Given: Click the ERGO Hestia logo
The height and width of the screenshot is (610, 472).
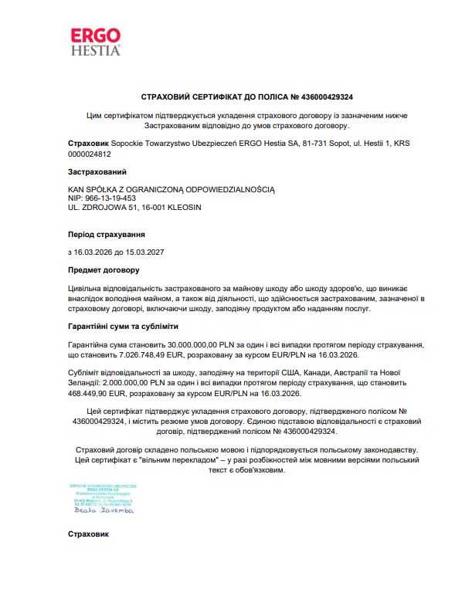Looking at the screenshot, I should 96,41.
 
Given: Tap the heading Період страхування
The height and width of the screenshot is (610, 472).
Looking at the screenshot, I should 106,234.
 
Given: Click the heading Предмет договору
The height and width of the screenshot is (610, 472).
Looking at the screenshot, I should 104,270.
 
